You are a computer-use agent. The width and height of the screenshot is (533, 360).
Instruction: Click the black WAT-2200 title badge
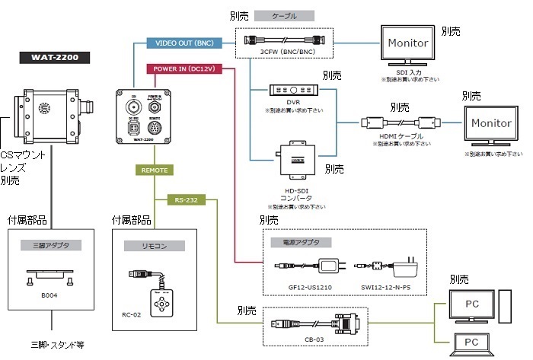53,56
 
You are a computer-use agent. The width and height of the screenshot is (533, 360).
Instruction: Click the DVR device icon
294,91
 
